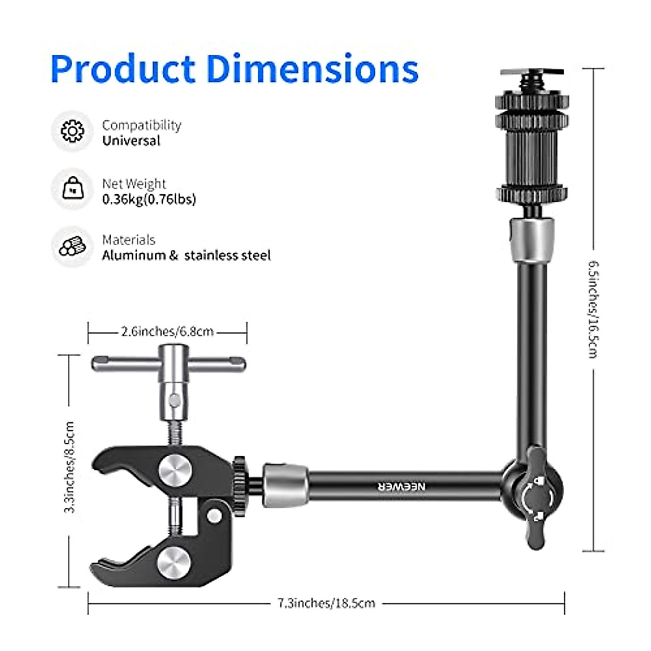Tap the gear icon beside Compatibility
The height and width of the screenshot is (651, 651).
(x=72, y=131)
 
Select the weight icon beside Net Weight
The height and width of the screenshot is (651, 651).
(x=73, y=189)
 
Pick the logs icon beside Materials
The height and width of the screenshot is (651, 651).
(x=72, y=246)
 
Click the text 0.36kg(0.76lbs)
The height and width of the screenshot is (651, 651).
(x=149, y=199)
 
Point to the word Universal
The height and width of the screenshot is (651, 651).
(x=131, y=141)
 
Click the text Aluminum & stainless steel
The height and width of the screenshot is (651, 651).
(x=186, y=256)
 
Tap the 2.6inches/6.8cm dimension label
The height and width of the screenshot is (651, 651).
(x=167, y=331)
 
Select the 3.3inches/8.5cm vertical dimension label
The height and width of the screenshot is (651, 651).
(x=69, y=468)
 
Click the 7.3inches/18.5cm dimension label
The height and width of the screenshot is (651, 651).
(x=326, y=603)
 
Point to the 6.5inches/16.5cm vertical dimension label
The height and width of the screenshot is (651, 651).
(x=593, y=309)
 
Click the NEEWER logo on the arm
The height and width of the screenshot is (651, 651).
(x=402, y=486)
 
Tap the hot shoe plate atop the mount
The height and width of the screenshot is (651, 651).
(x=532, y=72)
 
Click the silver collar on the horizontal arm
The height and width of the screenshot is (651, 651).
(x=285, y=484)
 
